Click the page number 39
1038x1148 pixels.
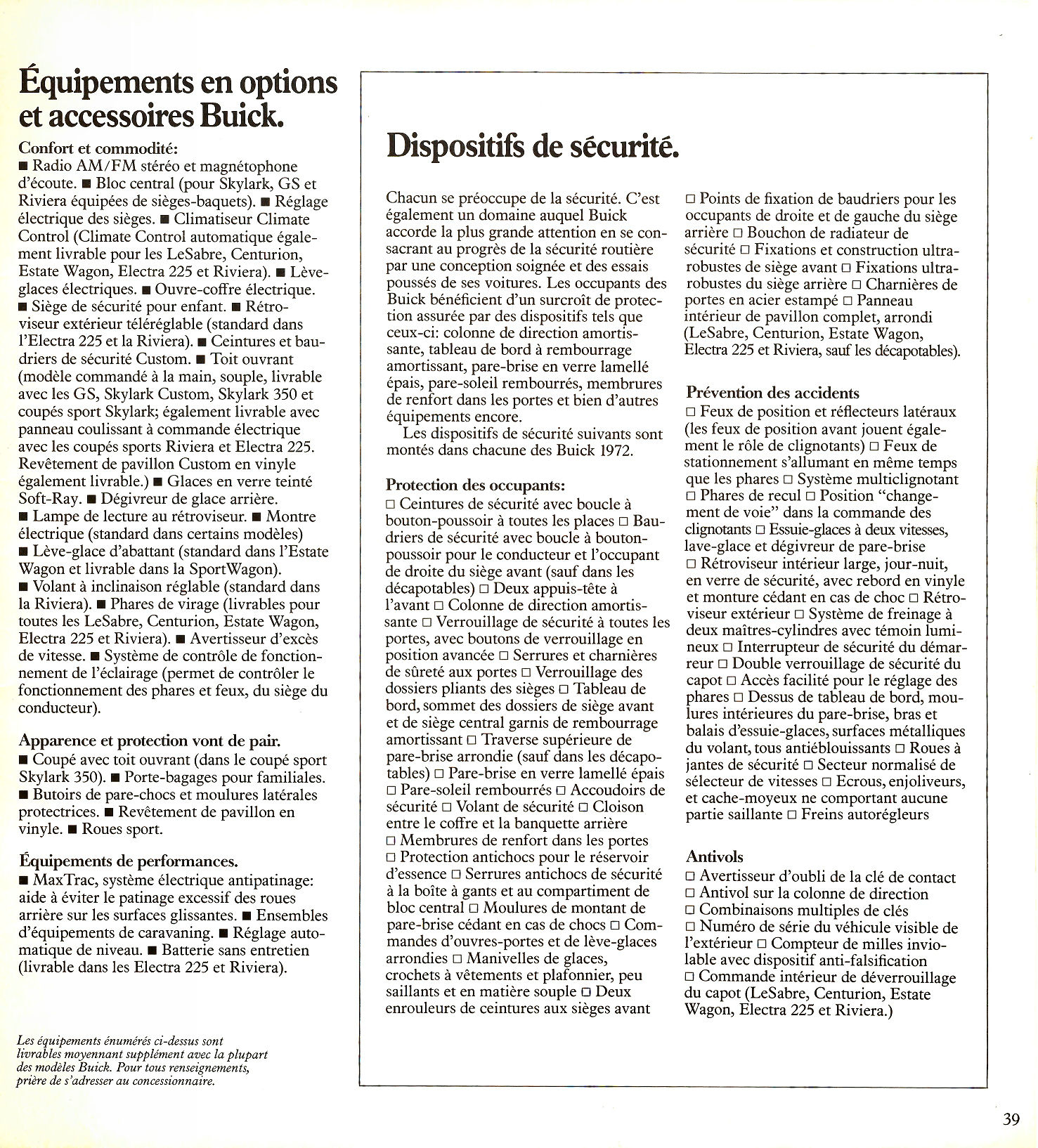(1011, 1119)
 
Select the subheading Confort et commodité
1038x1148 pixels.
(98, 148)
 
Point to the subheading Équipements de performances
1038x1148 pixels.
(128, 861)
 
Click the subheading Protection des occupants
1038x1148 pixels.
(475, 485)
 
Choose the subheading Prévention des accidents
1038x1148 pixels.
(772, 393)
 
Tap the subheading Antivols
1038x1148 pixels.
(714, 856)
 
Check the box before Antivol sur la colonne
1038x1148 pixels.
(690, 894)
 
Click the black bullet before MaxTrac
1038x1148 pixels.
(25, 881)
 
